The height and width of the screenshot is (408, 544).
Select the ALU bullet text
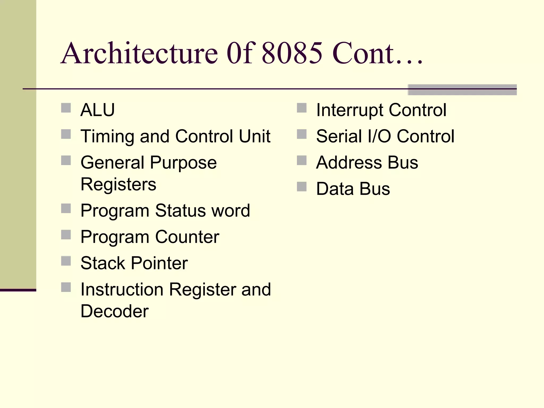coord(97,110)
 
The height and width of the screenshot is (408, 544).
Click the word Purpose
coord(183,163)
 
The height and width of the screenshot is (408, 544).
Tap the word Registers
coord(118,184)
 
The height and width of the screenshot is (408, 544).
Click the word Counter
coord(187,237)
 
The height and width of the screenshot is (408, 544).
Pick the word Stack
coord(103,263)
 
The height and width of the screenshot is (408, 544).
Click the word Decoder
coord(114,311)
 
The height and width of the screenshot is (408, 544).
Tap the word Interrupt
coord(350,110)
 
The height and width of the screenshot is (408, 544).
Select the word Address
coord(349,163)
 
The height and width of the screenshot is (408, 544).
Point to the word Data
coord(335,189)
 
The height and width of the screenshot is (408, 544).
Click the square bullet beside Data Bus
coord(301,186)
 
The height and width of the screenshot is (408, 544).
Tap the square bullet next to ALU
coord(66,108)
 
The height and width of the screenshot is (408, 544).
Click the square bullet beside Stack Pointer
coord(66,261)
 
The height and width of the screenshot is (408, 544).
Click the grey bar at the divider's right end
coord(462,90)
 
